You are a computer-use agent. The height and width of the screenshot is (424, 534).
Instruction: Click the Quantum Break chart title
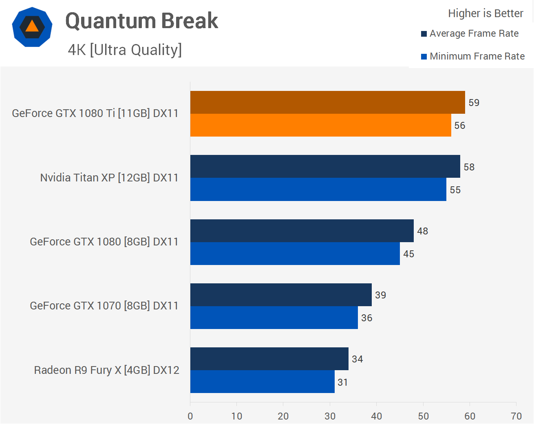click(x=141, y=21)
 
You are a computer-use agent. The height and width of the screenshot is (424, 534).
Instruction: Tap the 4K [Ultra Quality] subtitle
click(x=125, y=50)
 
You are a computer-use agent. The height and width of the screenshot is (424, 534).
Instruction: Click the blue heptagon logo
click(x=32, y=27)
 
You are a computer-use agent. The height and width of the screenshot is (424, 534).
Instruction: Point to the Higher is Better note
click(x=485, y=13)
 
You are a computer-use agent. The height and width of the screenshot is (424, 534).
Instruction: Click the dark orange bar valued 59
click(x=327, y=102)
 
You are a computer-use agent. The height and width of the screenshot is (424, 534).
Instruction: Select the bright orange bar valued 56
click(x=320, y=125)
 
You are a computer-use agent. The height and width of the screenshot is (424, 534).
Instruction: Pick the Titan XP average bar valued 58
click(x=325, y=166)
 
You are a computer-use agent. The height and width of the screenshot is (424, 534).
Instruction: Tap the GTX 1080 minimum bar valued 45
click(x=295, y=254)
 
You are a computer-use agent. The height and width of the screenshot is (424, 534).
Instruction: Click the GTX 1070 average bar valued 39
click(x=281, y=295)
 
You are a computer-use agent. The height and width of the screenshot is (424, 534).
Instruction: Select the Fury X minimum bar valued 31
click(x=262, y=382)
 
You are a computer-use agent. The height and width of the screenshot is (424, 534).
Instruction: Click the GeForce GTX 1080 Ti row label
click(x=95, y=113)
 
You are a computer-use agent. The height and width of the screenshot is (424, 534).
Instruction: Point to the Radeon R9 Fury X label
click(x=106, y=370)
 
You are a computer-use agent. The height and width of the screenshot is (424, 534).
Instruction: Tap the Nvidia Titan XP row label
click(x=109, y=178)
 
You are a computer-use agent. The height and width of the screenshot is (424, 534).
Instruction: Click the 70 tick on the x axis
click(x=516, y=416)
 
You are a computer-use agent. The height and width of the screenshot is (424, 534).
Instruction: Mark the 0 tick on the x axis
click(x=190, y=416)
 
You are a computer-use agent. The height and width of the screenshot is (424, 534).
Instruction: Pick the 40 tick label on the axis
click(x=377, y=416)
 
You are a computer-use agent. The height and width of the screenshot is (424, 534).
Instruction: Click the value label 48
click(x=423, y=231)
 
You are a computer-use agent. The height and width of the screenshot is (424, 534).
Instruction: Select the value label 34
click(x=357, y=359)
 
